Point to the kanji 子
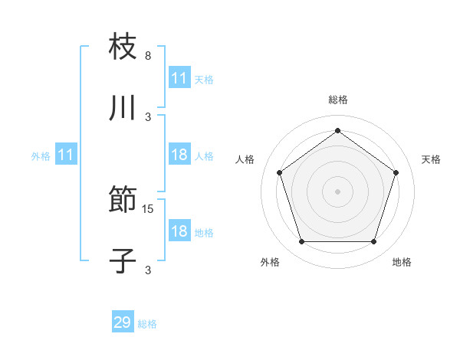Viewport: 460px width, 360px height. tap(123, 260)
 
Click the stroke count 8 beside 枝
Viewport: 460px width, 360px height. tap(148, 56)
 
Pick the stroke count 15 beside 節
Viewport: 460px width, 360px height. tap(149, 208)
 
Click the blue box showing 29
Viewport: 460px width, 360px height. tap(123, 322)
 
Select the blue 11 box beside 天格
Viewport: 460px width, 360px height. tap(179, 78)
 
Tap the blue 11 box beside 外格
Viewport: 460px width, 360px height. tap(65, 155)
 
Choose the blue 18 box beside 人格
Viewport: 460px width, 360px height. tap(179, 155)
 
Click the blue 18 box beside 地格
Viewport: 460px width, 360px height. tap(179, 231)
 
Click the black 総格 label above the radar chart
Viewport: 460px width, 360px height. tap(338, 100)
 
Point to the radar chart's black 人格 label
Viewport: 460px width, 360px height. tap(245, 159)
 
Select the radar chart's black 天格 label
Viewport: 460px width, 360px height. tap(431, 159)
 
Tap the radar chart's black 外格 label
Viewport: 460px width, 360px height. tap(270, 262)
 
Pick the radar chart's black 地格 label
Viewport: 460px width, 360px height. tap(402, 262)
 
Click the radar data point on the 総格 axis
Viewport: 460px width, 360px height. tap(338, 131)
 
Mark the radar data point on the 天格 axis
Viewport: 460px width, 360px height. tap(396, 172)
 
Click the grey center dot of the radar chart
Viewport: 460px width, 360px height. tap(338, 191)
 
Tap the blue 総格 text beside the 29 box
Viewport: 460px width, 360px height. tap(147, 324)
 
